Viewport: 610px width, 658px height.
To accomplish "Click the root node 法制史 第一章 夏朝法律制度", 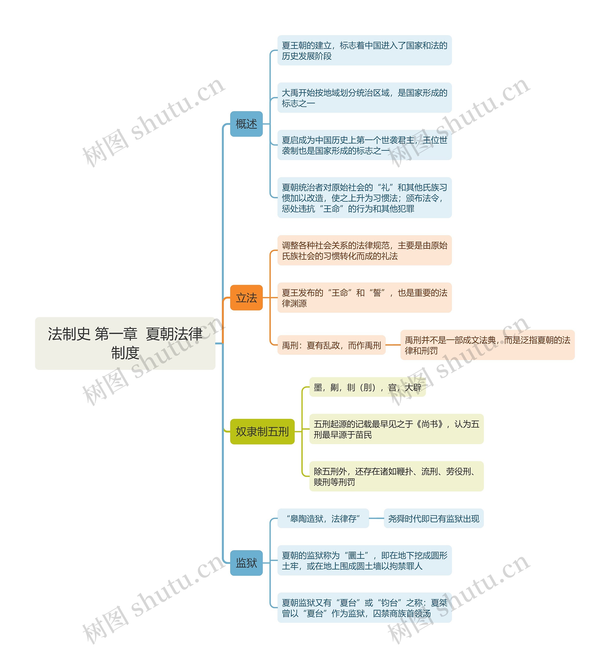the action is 125,343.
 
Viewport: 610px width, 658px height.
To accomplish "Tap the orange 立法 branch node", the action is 246,298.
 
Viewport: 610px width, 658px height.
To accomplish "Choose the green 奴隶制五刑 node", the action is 262,431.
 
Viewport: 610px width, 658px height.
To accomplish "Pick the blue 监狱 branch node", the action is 246,563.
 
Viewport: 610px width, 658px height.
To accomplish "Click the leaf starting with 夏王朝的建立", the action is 364,51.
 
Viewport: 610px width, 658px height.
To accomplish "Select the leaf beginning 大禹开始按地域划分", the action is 364,98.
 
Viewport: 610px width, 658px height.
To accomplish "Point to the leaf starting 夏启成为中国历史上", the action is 364,145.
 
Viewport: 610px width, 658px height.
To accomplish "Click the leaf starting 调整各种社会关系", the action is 364,250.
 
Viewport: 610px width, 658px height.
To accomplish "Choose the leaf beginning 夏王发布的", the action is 364,298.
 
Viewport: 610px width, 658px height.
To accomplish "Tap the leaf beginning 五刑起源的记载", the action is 396,429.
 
